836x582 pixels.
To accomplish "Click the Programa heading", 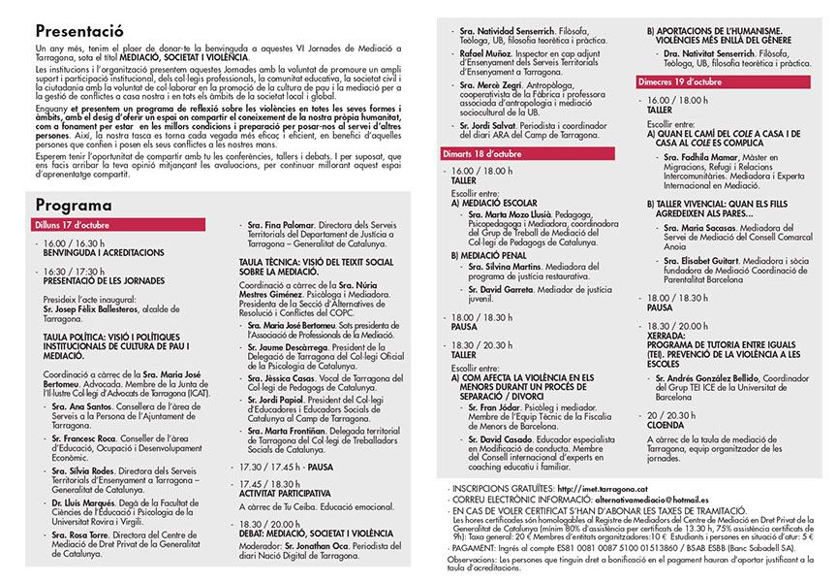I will [x=75, y=205].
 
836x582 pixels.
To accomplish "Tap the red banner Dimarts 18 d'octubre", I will [x=484, y=152].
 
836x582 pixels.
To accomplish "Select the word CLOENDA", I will [x=666, y=424].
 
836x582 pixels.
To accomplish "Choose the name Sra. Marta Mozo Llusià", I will [x=512, y=215].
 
